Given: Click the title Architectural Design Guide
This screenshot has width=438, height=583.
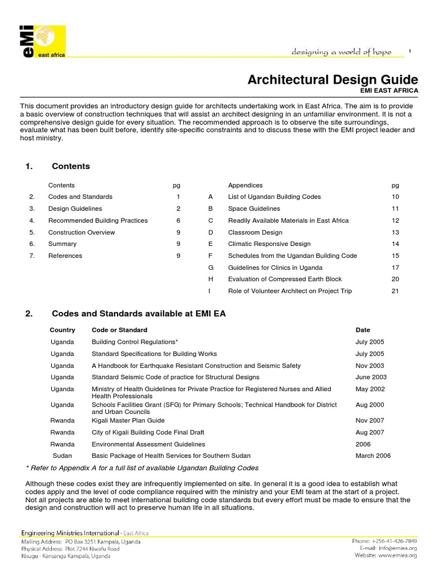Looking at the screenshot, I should (332, 80).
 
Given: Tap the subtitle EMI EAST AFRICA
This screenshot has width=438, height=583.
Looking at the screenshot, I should (389, 91).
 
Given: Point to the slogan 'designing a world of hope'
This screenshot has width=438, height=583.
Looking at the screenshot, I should (341, 52).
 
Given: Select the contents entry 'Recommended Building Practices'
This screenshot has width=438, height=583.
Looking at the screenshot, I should (98, 220).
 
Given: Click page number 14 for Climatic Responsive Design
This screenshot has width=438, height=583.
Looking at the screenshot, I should (395, 244).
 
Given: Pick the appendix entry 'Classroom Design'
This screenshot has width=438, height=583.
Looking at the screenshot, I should (255, 232).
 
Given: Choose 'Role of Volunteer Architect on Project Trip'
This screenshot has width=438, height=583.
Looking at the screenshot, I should (290, 291).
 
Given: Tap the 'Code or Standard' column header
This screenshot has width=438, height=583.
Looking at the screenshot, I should (119, 330).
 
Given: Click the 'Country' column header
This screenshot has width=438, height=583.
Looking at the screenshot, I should (62, 330).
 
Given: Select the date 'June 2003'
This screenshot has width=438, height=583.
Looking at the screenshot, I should (370, 377).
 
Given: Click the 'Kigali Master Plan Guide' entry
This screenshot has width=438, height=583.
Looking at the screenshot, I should (128, 420).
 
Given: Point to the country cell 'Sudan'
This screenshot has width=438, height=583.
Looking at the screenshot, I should (62, 455).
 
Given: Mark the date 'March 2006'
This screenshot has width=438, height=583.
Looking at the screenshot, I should (373, 455).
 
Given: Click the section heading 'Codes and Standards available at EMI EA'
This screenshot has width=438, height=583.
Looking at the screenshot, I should (139, 314).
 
